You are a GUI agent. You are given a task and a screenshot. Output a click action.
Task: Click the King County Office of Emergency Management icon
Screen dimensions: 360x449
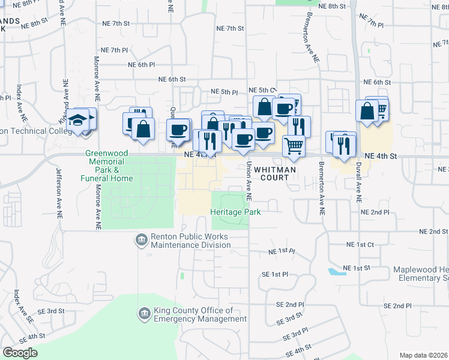coord(144,313)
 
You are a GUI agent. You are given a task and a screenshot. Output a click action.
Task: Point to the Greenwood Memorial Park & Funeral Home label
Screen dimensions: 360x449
coord(105,166)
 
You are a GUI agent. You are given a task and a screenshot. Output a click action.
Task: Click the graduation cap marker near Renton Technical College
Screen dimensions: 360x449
coord(77,121)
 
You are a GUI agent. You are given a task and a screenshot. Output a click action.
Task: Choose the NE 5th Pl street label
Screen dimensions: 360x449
coord(224,92)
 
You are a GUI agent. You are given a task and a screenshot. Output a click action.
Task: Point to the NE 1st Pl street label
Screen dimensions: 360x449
coord(282,251)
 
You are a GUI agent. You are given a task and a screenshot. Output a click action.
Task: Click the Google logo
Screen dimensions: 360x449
coord(20,353)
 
